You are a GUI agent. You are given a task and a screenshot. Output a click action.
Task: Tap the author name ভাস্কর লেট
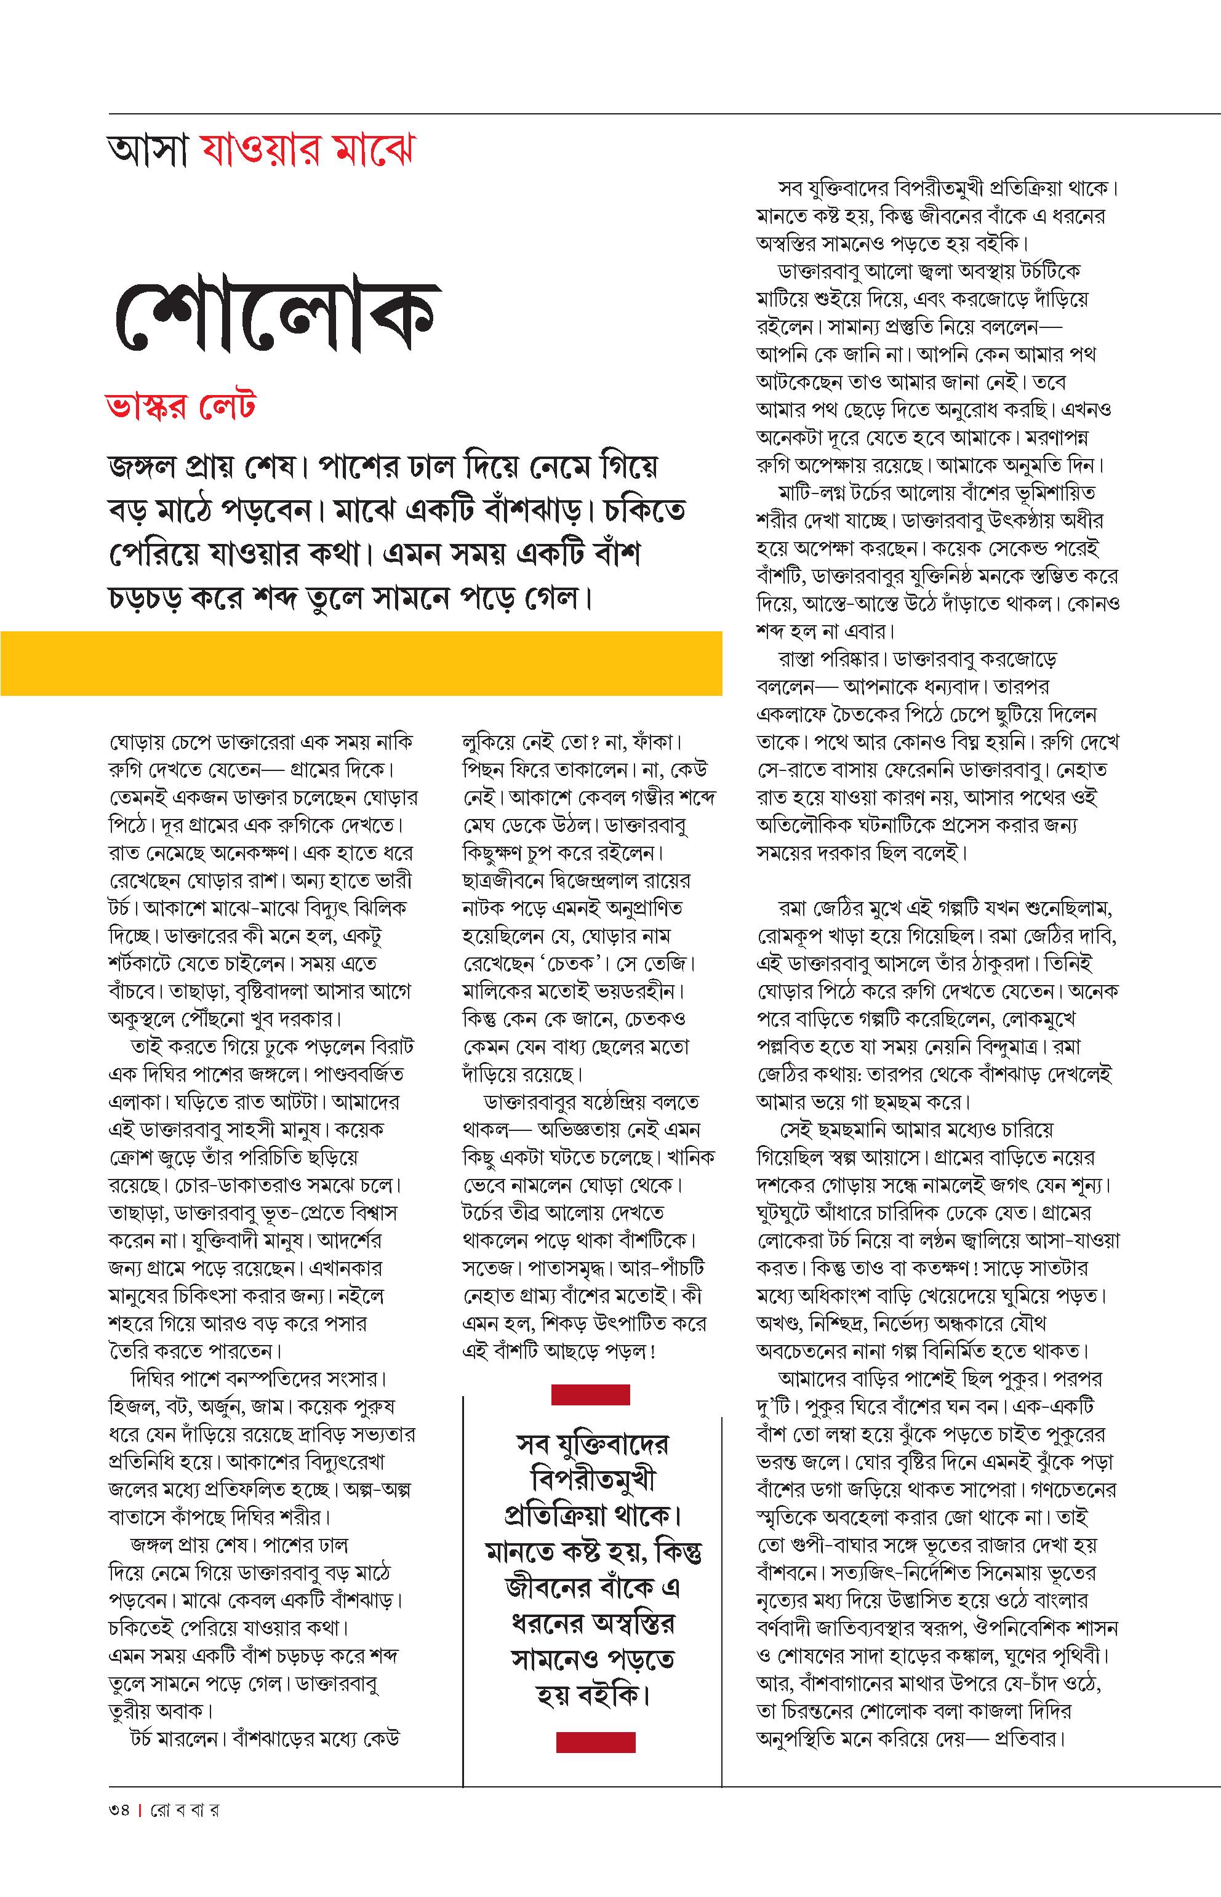(181, 407)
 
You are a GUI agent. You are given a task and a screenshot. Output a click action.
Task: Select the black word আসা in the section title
(149, 151)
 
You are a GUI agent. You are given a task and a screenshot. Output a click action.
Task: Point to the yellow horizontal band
(361, 663)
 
